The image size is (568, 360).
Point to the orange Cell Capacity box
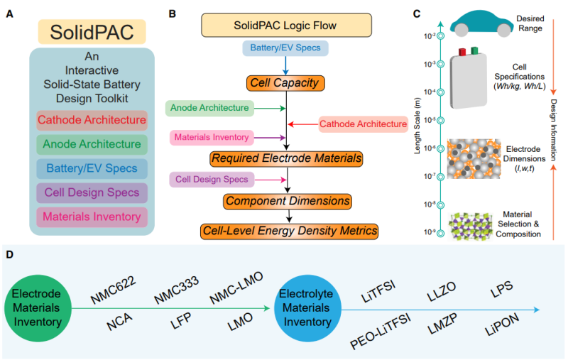pos(285,83)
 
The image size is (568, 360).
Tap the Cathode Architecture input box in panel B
pos(363,124)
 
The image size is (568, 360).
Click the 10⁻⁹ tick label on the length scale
pos(430,231)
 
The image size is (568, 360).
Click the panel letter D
pos(9,254)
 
